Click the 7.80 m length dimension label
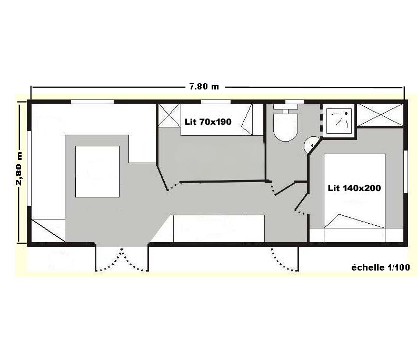[204, 87]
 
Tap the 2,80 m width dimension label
[19, 168]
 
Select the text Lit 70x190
[208, 122]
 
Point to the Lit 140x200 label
[354, 188]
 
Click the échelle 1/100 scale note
[381, 267]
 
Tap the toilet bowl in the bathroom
[285, 127]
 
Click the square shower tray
[339, 121]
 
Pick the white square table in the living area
[97, 172]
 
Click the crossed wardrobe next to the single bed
[170, 116]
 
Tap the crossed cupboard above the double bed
[380, 115]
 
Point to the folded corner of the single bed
[247, 120]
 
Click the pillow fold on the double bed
[355, 221]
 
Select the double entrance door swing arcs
[122, 259]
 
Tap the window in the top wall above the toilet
[294, 102]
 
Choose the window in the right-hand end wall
[405, 172]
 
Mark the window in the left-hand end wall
[29, 168]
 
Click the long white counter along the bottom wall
[219, 228]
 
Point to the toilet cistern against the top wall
[285, 107]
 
